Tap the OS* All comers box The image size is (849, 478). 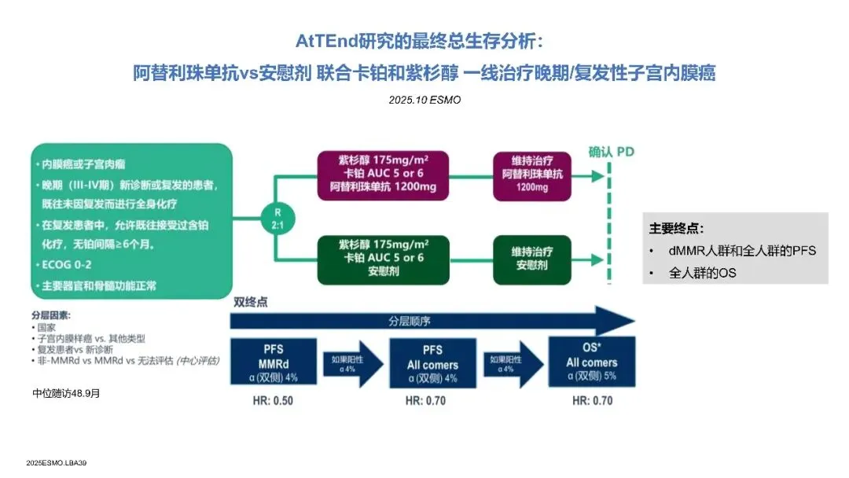pos(591,358)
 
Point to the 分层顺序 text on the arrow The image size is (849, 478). pos(409,321)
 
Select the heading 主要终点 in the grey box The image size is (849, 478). pos(676,229)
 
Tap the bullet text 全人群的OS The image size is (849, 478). pos(704,273)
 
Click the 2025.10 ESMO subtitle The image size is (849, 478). pos(424,100)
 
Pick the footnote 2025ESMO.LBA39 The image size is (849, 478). pos(56,464)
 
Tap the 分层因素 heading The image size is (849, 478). pos(50,314)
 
